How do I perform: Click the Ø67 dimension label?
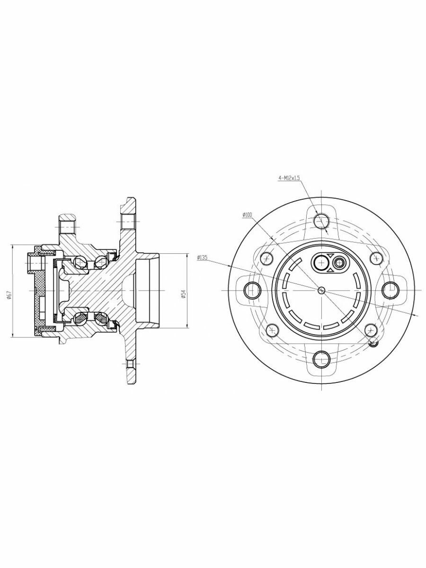pyautogui.click(x=9, y=295)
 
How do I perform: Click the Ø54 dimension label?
pyautogui.click(x=183, y=294)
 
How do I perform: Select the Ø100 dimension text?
pyautogui.click(x=248, y=214)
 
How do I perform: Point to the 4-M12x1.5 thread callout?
pyautogui.click(x=289, y=178)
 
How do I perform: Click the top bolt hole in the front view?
pyautogui.click(x=321, y=221)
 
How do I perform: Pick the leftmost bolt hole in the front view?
pyautogui.click(x=252, y=290)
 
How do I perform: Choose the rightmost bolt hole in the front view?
pyautogui.click(x=390, y=290)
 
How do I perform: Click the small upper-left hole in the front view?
pyautogui.click(x=267, y=258)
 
